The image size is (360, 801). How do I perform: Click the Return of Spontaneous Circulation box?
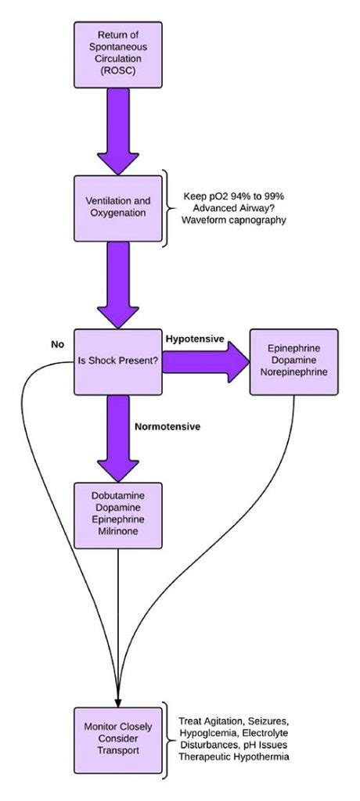pos(118,55)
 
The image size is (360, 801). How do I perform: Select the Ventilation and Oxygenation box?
pos(118,208)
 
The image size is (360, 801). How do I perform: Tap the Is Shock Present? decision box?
pos(118,361)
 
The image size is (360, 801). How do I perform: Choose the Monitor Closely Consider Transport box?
pos(118,740)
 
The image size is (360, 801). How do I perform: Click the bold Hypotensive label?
pos(195,339)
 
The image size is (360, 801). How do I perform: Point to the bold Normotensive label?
pos(167,426)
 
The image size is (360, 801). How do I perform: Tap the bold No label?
pos(57,344)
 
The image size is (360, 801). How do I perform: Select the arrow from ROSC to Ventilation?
pos(118,131)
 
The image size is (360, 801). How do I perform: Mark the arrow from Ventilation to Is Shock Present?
pos(118,285)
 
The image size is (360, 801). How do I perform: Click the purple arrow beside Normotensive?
pos(118,438)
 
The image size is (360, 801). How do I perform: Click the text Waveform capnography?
pos(235,221)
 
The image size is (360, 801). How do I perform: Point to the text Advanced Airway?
pos(235,208)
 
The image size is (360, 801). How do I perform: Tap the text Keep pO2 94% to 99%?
pos(235,196)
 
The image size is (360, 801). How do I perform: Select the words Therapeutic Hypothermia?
pos(234,756)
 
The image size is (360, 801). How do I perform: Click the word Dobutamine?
pos(118,495)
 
